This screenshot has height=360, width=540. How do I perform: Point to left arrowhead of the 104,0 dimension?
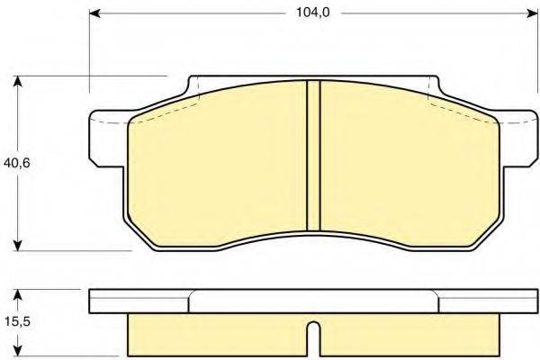pyautogui.click(x=96, y=14)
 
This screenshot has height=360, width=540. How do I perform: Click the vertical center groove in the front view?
pyautogui.click(x=314, y=155)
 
